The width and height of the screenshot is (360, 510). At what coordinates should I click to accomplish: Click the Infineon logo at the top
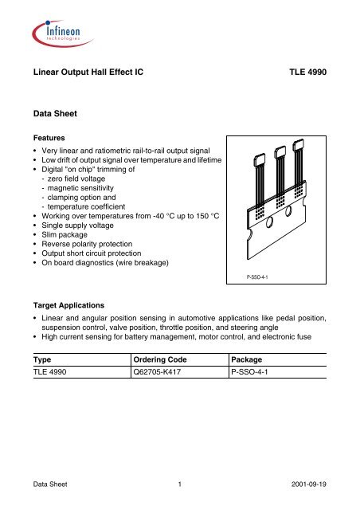coord(58,35)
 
